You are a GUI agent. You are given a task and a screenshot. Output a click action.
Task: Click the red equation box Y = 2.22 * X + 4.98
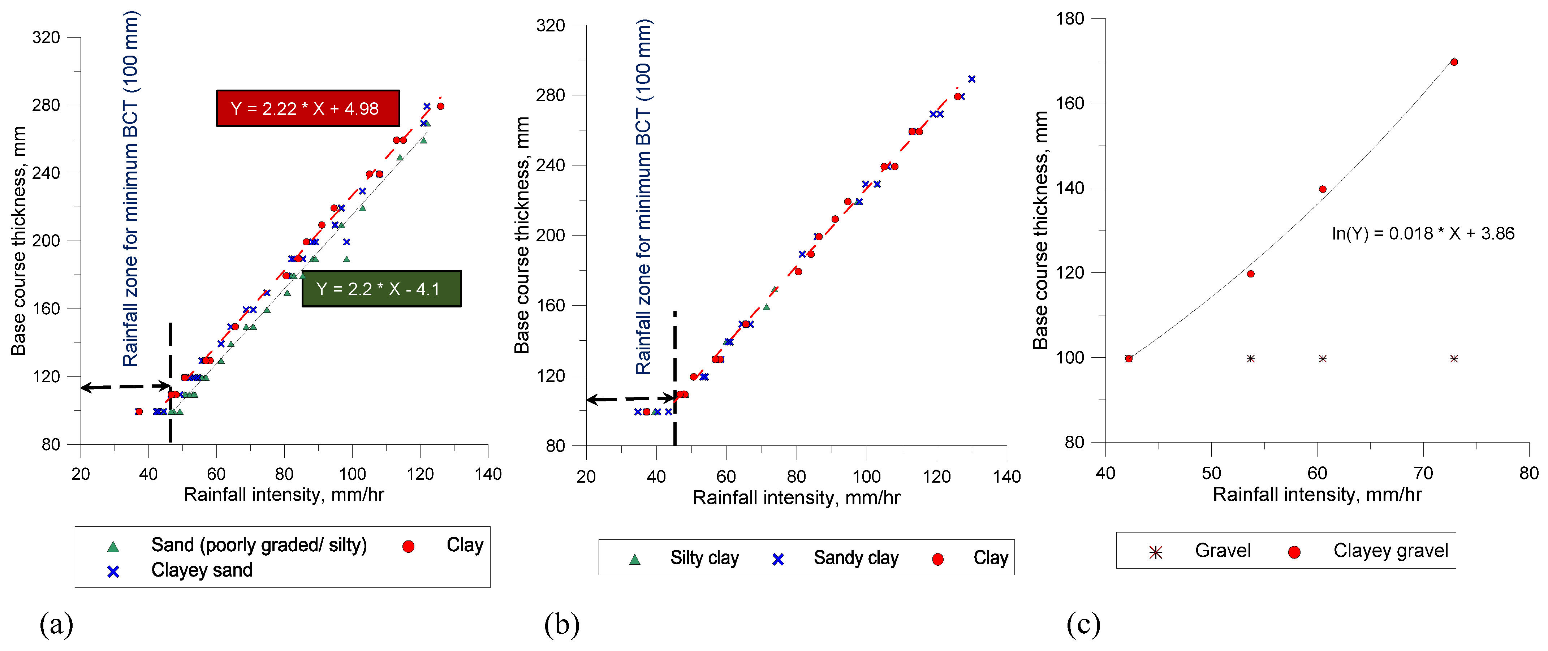coord(308,108)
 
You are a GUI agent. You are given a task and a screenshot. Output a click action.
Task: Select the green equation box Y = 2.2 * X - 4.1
coord(381,289)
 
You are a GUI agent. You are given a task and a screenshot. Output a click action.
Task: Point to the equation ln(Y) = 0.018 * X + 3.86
coord(1422,233)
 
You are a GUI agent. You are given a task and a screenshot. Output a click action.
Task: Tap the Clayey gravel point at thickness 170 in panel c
coord(1454,62)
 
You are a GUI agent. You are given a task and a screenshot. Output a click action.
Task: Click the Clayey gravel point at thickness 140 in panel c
coord(1322,189)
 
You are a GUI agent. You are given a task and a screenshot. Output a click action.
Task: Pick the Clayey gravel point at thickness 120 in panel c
coord(1251,274)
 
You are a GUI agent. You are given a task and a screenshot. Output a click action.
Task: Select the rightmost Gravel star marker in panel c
coord(1454,359)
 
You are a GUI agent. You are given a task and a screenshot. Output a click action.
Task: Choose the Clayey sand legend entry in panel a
coord(201,570)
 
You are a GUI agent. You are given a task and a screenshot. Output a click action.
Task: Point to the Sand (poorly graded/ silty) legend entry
coord(258,545)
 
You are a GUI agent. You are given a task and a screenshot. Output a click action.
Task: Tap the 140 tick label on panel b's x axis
coord(1006,477)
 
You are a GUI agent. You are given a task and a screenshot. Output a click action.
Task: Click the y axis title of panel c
coord(1040,230)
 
